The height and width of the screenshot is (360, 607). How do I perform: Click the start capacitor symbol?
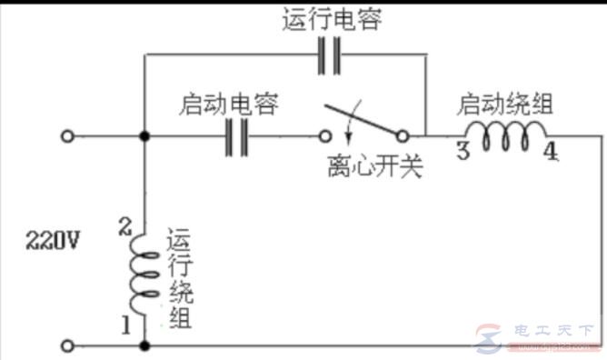[x=235, y=137]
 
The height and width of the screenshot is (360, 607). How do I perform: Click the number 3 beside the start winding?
[x=463, y=151]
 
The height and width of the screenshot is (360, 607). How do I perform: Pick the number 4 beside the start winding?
[x=551, y=151]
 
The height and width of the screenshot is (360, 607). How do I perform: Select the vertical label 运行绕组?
[x=179, y=278]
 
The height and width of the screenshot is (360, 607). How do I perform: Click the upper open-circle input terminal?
[x=66, y=137]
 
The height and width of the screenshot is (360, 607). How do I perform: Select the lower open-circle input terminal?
[x=66, y=345]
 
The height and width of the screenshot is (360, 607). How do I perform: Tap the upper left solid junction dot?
[x=144, y=137]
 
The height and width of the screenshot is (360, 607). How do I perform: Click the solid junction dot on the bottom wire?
[x=144, y=345]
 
